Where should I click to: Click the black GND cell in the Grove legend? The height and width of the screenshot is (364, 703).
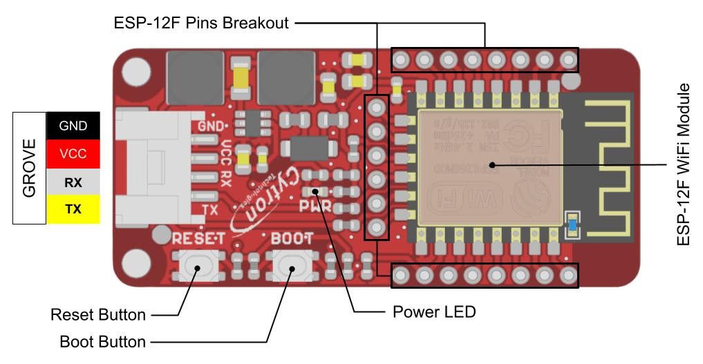click(73, 126)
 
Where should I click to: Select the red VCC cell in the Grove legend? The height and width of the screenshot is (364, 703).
click(73, 154)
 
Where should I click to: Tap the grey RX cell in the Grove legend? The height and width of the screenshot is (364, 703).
click(73, 182)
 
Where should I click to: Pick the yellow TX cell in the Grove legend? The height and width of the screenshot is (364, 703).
click(73, 209)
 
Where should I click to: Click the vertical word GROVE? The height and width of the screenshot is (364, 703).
click(30, 168)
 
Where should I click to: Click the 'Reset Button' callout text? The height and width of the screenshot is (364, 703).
click(98, 315)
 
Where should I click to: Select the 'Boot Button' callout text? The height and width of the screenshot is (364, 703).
click(102, 341)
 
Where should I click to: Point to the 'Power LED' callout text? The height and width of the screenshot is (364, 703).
click(434, 312)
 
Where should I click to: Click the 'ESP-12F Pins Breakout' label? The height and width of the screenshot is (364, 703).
click(200, 23)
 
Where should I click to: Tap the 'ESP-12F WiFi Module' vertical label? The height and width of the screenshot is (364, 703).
click(684, 164)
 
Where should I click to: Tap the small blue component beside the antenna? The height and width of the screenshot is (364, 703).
click(572, 223)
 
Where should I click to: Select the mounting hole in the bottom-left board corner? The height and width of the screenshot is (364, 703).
click(137, 264)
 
